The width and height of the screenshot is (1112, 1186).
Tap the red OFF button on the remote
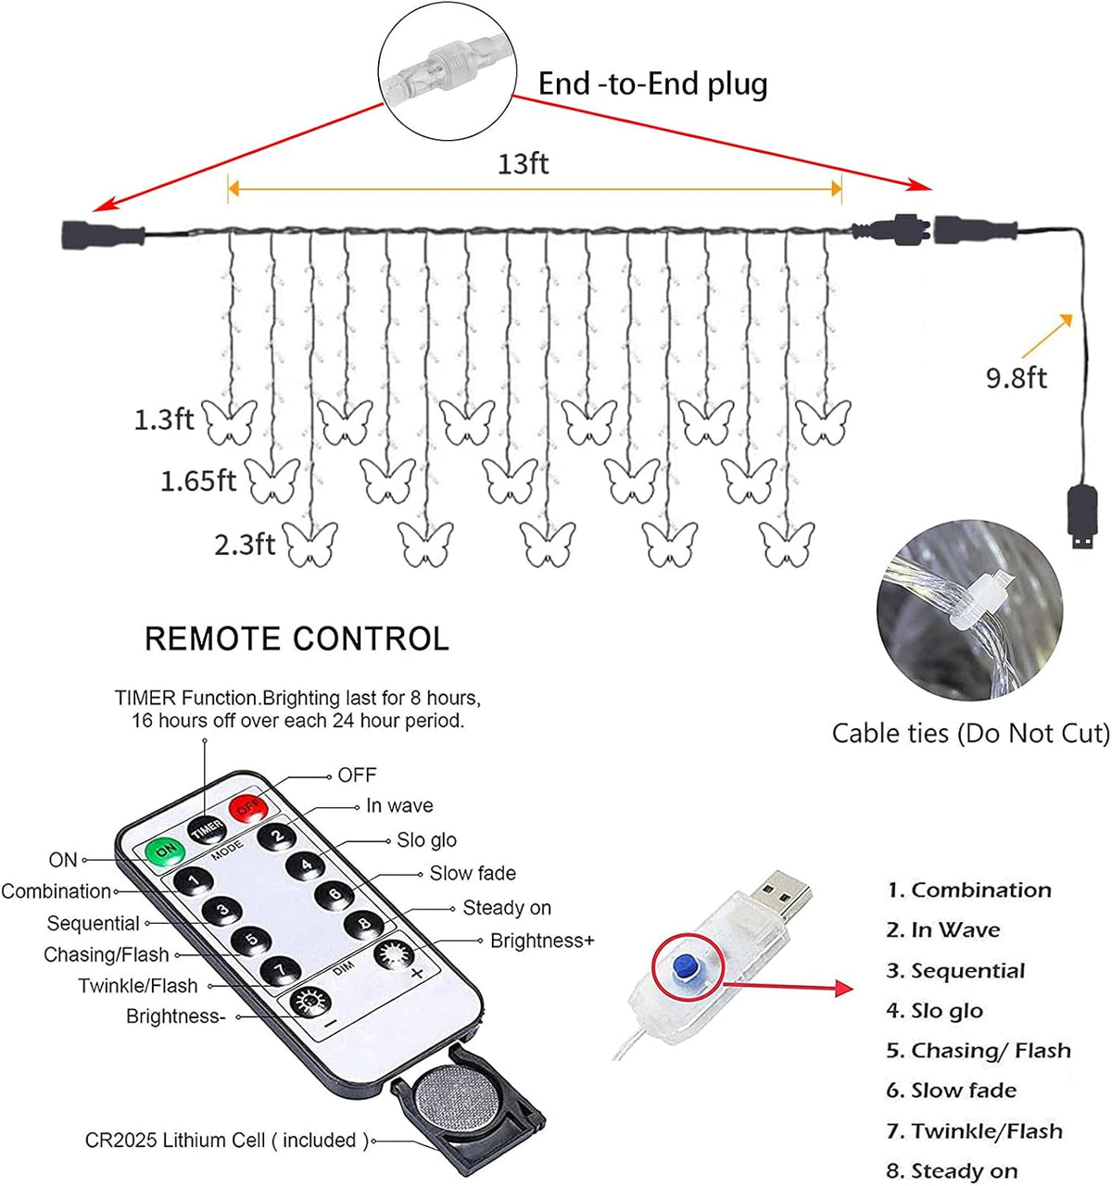pyautogui.click(x=248, y=808)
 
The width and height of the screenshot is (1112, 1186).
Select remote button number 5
pyautogui.click(x=251, y=940)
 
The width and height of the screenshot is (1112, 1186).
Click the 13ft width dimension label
pyautogui.click(x=523, y=164)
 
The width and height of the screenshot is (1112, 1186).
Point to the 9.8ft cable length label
pyautogui.click(x=1016, y=378)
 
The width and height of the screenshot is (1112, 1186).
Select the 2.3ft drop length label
pyautogui.click(x=245, y=545)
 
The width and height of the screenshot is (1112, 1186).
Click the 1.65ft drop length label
pyautogui.click(x=197, y=481)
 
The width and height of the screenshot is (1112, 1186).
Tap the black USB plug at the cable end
pyautogui.click(x=1081, y=517)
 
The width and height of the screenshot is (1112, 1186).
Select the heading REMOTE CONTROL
pyautogui.click(x=297, y=638)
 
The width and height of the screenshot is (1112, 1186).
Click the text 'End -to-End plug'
pyautogui.click(x=652, y=84)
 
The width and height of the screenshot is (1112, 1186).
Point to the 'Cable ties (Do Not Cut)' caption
pyautogui.click(x=971, y=733)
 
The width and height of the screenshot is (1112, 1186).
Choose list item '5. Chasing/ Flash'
pyautogui.click(x=979, y=1050)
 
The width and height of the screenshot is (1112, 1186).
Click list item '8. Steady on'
pyautogui.click(x=952, y=1170)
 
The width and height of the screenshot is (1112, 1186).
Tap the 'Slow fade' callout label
pyautogui.click(x=473, y=873)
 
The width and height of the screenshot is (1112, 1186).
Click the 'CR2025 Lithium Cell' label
pyautogui.click(x=227, y=1140)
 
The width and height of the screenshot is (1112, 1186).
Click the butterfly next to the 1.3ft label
pyautogui.click(x=230, y=423)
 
